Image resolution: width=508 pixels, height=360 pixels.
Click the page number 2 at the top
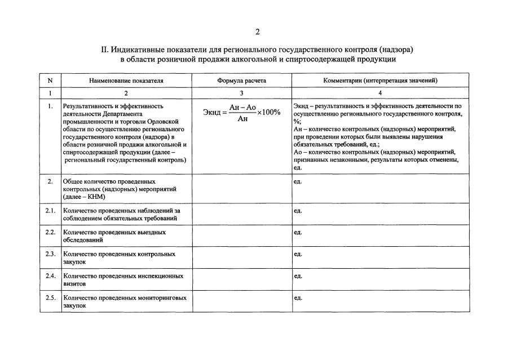pyautogui.click(x=257, y=32)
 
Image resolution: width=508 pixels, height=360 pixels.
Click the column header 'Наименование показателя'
pyautogui.click(x=126, y=81)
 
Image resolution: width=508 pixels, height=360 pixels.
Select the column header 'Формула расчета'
pyautogui.click(x=242, y=81)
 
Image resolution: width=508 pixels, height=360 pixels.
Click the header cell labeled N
pyautogui.click(x=50, y=81)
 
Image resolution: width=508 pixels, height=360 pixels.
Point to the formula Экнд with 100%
pyautogui.click(x=241, y=112)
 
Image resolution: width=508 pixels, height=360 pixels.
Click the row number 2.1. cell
pyautogui.click(x=50, y=211)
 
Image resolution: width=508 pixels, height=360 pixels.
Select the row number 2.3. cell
pyautogui.click(x=50, y=254)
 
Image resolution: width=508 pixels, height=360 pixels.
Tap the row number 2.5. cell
pyautogui.click(x=50, y=297)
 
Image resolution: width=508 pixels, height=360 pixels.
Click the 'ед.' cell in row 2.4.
pyautogui.click(x=298, y=276)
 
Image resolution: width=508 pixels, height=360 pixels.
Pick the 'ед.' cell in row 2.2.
pyautogui.click(x=298, y=232)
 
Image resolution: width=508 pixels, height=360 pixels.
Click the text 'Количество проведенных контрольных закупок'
pyautogui.click(x=119, y=258)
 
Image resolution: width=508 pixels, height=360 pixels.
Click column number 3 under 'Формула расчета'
pyautogui.click(x=242, y=92)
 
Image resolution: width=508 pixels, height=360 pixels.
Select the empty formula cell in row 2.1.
pyautogui.click(x=242, y=214)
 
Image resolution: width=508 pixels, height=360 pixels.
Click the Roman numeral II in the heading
pyautogui.click(x=104, y=49)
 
